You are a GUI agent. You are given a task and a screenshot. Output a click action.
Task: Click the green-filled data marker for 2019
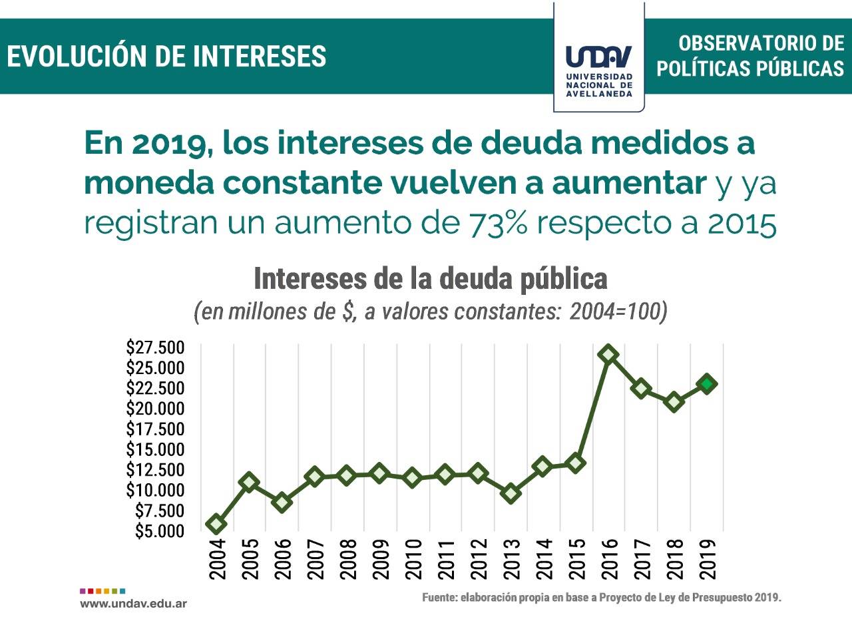click(707, 383)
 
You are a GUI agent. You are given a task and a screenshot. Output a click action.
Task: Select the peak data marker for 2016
click(608, 354)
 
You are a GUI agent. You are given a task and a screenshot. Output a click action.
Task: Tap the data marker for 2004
click(216, 525)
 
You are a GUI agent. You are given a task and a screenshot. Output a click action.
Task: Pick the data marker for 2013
click(511, 493)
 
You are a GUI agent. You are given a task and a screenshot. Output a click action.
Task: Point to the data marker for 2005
click(249, 482)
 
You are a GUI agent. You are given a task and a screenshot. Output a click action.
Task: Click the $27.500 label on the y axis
click(155, 347)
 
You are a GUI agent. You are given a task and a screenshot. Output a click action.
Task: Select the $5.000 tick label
click(159, 531)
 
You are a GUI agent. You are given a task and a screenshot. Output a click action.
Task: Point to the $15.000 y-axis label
click(155, 449)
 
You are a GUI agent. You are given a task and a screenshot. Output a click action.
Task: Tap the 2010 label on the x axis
click(413, 559)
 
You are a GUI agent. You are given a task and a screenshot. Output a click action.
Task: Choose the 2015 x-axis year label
click(577, 559)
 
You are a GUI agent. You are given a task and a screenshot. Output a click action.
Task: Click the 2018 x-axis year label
click(675, 559)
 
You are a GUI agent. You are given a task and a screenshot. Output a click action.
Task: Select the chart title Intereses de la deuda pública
click(431, 279)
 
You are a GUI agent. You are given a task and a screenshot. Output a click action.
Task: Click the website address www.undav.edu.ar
click(133, 604)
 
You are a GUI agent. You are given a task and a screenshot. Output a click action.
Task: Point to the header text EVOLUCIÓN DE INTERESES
click(166, 57)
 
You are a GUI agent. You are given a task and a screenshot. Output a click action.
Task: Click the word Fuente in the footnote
click(439, 598)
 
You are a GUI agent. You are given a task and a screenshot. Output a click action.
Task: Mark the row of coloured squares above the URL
click(103, 590)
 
